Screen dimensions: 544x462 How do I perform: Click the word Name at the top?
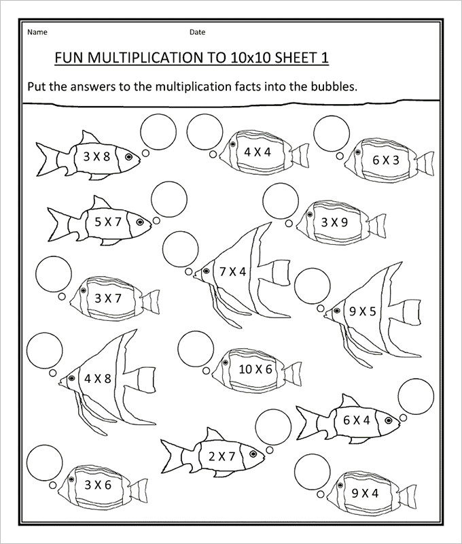pyautogui.click(x=37, y=32)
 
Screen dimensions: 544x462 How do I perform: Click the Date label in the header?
pyautogui.click(x=197, y=32)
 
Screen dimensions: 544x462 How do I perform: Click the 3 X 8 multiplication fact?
pyautogui.click(x=96, y=156)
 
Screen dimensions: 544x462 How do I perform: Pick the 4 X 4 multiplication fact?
pyautogui.click(x=257, y=152)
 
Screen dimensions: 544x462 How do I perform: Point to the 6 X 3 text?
pyautogui.click(x=385, y=160)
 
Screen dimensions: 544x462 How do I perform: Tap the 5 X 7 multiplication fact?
pyautogui.click(x=107, y=221)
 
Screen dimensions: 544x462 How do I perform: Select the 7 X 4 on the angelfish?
pyautogui.click(x=232, y=271)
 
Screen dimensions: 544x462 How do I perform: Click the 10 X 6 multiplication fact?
pyautogui.click(x=255, y=369)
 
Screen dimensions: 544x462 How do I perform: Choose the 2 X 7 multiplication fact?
pyautogui.click(x=221, y=456)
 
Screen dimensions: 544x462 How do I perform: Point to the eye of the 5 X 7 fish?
pyautogui.click(x=141, y=222)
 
